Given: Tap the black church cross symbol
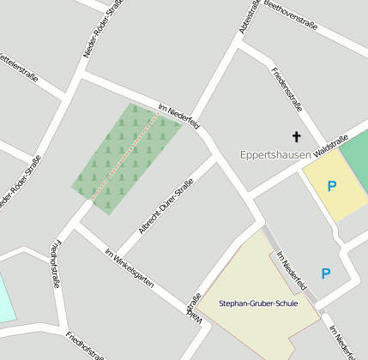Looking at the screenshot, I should (297, 136).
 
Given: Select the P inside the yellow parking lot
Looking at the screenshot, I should (331, 185).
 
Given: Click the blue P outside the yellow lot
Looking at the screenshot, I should (325, 273).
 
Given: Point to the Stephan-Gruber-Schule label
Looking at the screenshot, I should (258, 304).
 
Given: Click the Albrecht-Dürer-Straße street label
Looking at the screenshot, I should (166, 206).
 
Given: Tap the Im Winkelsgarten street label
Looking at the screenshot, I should (129, 267).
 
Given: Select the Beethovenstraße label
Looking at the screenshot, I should (291, 15).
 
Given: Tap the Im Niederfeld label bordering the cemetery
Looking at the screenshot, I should (179, 115).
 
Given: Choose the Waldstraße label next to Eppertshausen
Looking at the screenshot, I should (331, 146).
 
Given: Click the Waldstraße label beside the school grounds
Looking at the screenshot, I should (194, 309).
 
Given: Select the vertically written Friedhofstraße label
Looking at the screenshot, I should (56, 262).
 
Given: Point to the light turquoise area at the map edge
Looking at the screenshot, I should (6, 297).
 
